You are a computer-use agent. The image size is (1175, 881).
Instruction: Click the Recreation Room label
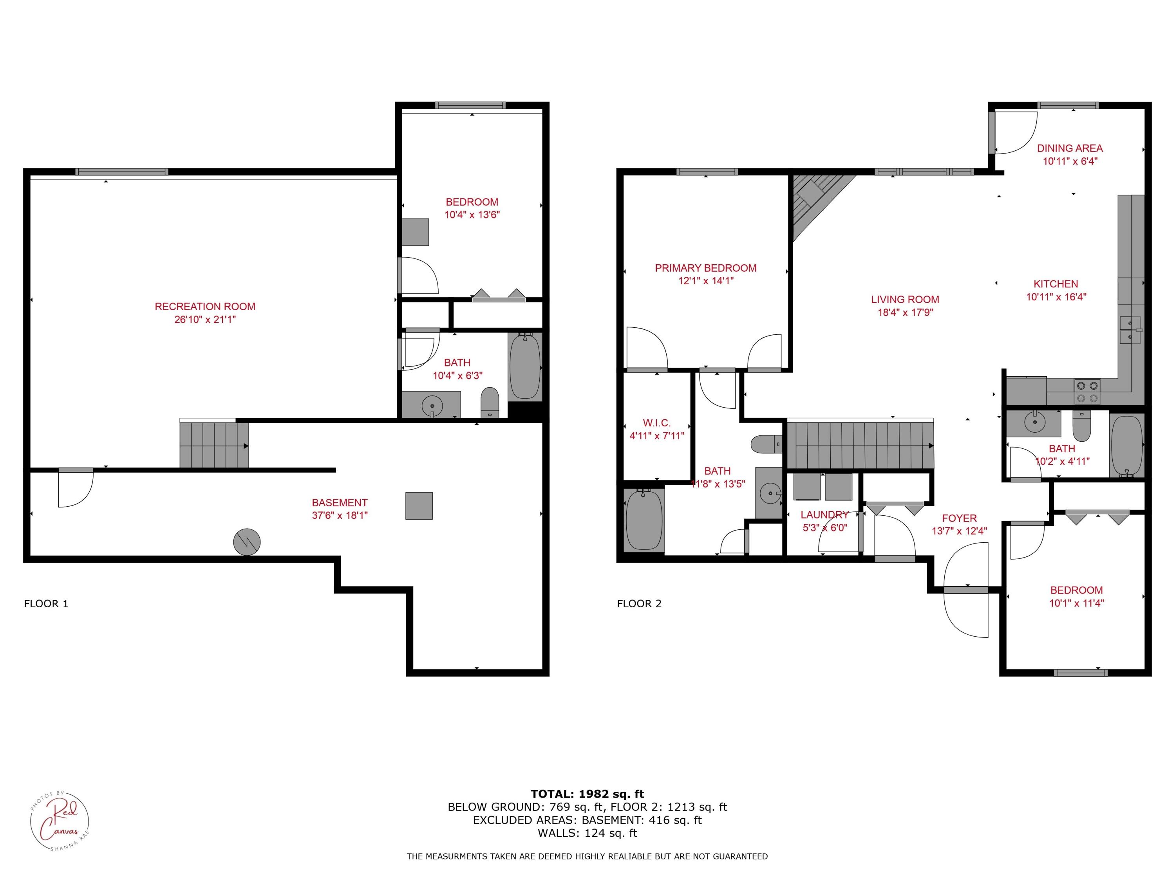(205, 307)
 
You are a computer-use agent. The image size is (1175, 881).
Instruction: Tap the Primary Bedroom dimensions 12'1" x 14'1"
(705, 281)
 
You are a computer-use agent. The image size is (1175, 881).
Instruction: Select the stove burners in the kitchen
(1087, 392)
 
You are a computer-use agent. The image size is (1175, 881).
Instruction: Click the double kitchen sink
(1130, 330)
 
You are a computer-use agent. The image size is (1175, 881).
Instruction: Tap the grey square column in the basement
(419, 505)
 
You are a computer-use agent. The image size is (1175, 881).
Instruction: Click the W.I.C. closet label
(656, 423)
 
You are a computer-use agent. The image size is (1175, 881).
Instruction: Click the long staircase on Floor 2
(859, 446)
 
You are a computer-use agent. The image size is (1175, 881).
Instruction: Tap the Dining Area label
(1070, 148)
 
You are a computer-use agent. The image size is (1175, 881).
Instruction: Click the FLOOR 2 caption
(639, 604)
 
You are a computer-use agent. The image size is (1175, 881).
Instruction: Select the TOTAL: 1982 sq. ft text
(587, 794)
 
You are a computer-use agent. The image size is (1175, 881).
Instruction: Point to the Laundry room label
(824, 515)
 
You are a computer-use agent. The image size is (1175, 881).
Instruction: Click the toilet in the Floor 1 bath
(490, 403)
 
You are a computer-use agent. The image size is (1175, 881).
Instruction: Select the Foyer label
(959, 518)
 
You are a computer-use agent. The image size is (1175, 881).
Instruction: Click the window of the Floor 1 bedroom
(470, 106)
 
